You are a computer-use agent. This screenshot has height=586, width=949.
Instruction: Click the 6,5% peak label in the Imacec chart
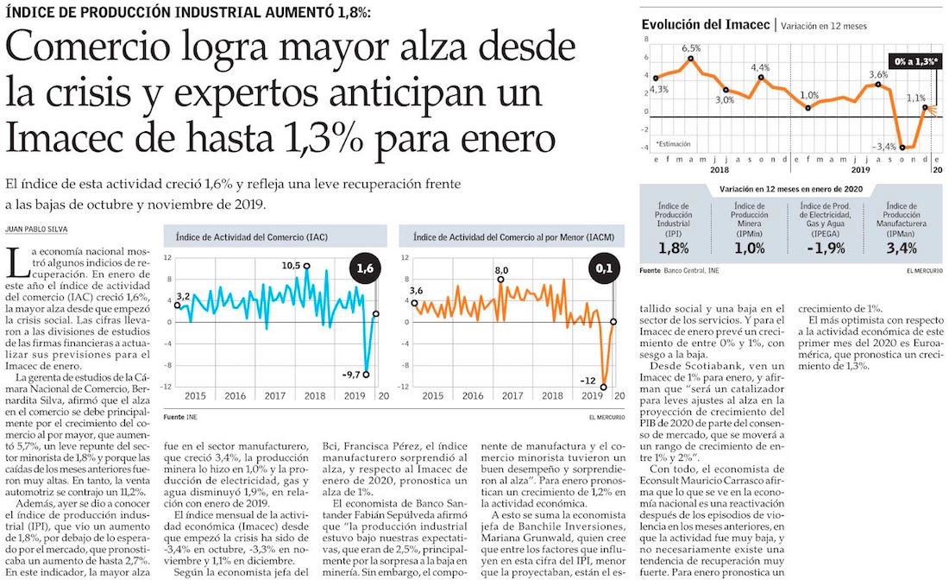[691, 47]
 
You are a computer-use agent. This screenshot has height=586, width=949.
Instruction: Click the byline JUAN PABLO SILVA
[35, 229]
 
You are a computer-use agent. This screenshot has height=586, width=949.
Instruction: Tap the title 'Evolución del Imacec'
[705, 25]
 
